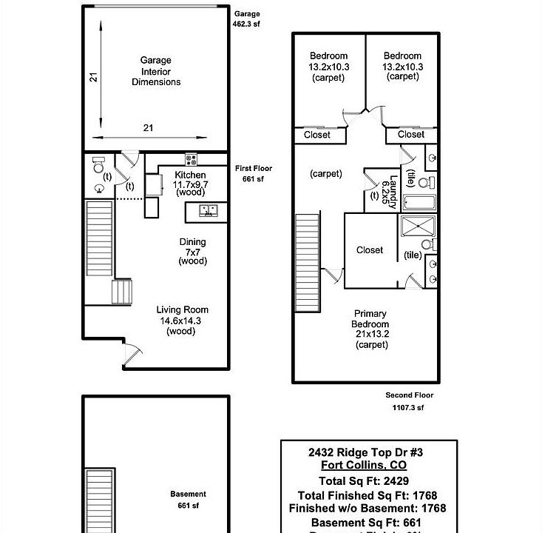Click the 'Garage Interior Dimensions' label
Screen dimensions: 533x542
tap(156, 71)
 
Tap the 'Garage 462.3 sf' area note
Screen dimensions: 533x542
tap(247, 19)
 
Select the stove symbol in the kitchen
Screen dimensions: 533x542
tap(191, 158)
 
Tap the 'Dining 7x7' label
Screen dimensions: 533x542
tap(192, 251)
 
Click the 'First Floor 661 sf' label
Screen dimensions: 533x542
tap(253, 173)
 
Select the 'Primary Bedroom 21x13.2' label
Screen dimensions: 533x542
tap(370, 329)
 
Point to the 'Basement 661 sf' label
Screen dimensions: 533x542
tap(188, 500)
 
